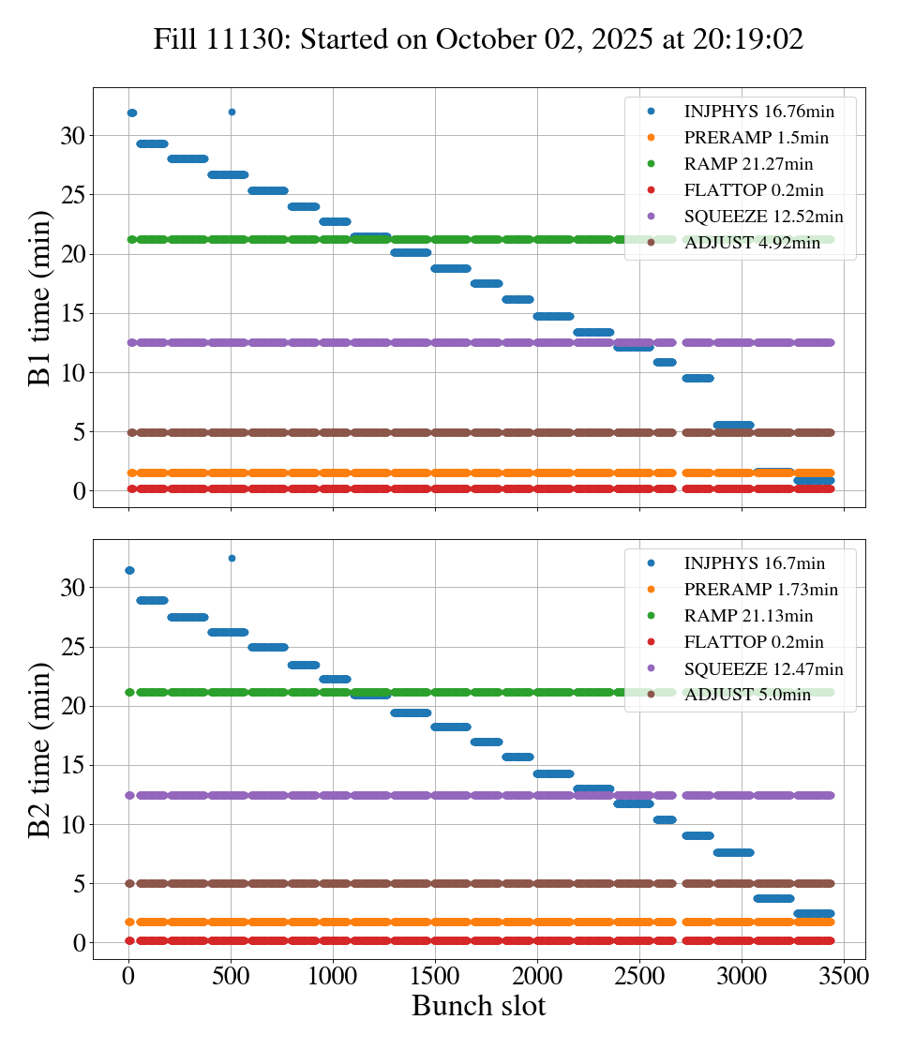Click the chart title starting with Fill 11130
click(479, 39)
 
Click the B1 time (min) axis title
click(39, 298)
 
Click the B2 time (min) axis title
click(39, 749)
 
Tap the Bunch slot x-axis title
click(478, 1006)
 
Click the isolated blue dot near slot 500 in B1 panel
click(232, 112)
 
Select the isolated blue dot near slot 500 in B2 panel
click(232, 558)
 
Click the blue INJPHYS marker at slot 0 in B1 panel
click(131, 113)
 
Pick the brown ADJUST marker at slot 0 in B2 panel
click(130, 883)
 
